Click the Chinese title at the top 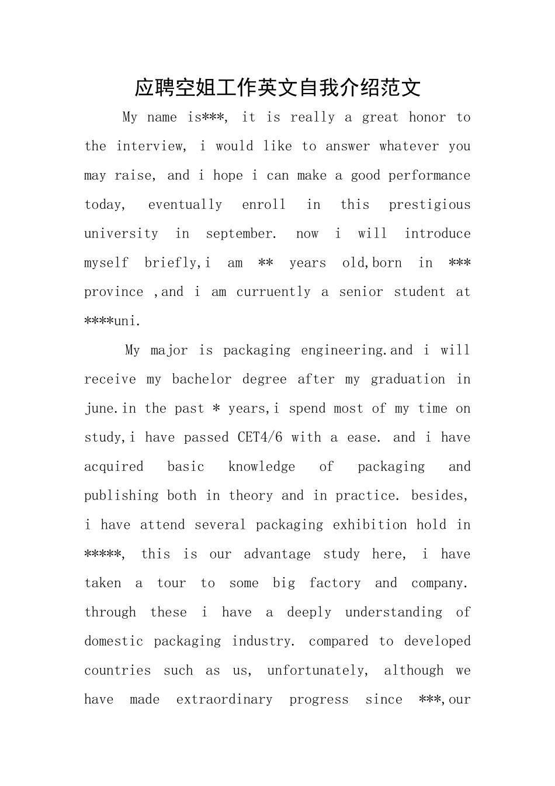click(277, 88)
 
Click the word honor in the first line click(427, 118)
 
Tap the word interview click(150, 146)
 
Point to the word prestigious click(429, 205)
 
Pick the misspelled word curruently click(273, 292)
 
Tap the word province click(113, 292)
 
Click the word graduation click(408, 380)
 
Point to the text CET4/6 click(260, 437)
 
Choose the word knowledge click(262, 467)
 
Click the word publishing click(121, 496)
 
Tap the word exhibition click(370, 525)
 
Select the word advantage click(277, 554)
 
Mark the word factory click(335, 583)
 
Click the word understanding click(394, 612)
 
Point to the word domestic click(113, 642)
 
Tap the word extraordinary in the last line click(224, 699)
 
